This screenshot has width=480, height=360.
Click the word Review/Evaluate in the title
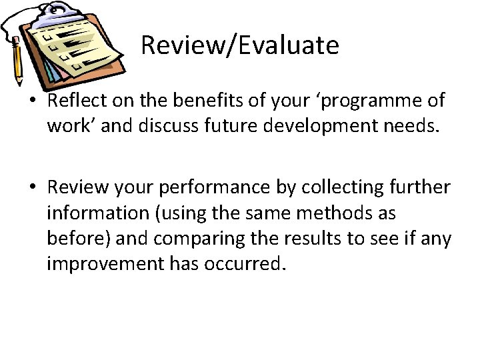click(240, 45)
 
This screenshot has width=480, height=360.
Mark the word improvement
click(101, 263)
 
